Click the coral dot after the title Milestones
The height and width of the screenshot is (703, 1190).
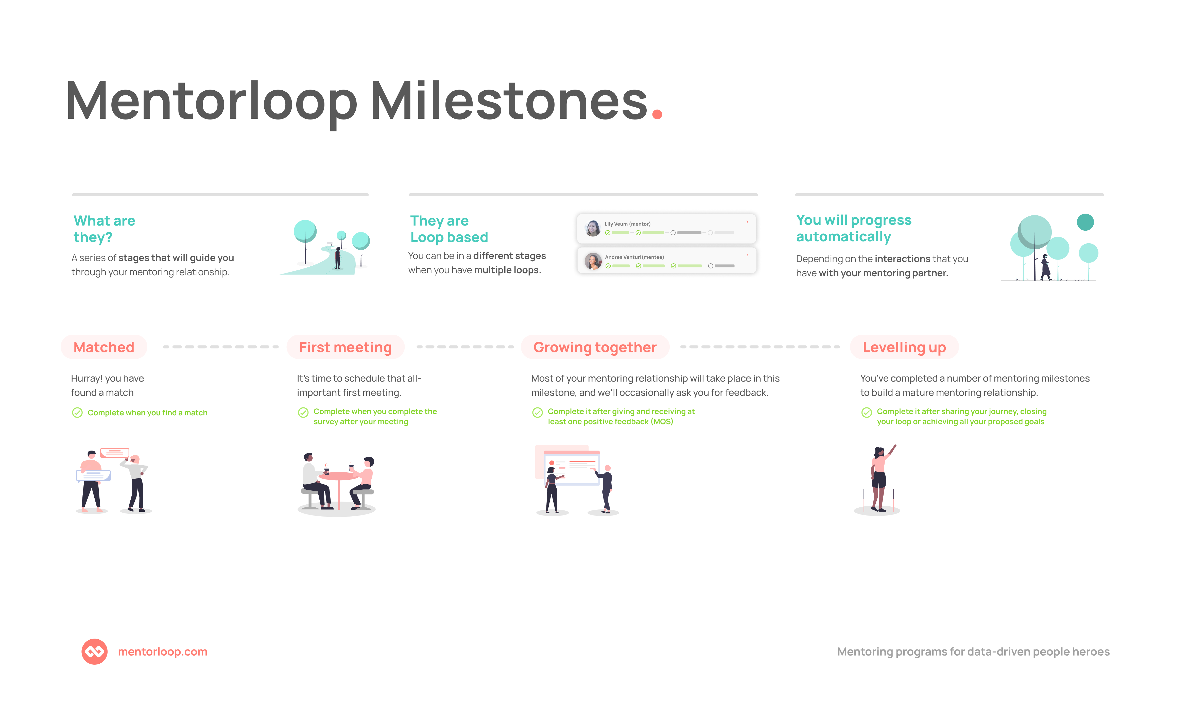(657, 114)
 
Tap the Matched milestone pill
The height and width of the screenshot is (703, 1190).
(104, 347)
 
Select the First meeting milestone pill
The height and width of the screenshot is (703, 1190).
(345, 347)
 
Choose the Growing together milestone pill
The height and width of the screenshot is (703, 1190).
(595, 347)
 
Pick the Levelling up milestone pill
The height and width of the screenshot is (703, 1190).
(904, 347)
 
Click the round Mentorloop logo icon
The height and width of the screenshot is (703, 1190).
(94, 652)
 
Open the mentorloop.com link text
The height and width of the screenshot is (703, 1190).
(162, 652)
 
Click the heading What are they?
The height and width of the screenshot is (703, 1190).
(104, 229)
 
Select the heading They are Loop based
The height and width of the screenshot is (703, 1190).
(449, 229)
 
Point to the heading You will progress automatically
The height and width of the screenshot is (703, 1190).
(853, 228)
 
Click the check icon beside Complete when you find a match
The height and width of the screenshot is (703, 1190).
(77, 413)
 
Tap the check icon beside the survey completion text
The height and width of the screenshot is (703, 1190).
(303, 413)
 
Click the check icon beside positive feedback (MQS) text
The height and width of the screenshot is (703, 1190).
(538, 413)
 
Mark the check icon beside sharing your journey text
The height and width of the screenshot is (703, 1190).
(867, 413)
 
